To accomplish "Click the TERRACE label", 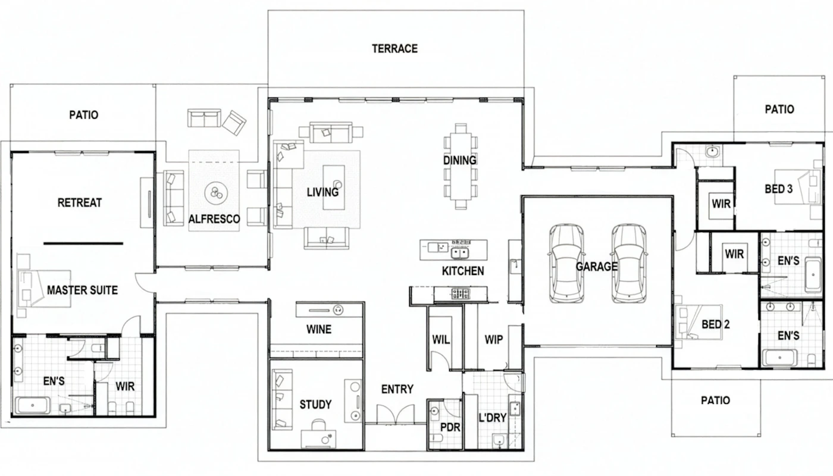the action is (x=394, y=49).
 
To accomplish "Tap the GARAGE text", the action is (x=596, y=267).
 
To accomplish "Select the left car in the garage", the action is (x=566, y=263).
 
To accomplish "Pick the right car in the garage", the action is (x=629, y=263).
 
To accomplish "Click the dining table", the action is (x=461, y=166).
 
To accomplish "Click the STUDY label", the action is (x=315, y=404).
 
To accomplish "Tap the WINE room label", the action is (x=319, y=329).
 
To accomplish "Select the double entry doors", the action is (x=396, y=414).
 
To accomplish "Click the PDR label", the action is (x=450, y=427).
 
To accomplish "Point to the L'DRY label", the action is (x=493, y=418).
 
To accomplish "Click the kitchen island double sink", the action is (x=460, y=253).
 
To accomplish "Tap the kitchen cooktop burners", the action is (x=461, y=294).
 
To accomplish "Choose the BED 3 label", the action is (x=778, y=189).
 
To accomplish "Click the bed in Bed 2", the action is (x=699, y=322).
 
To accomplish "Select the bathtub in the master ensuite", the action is (x=32, y=405).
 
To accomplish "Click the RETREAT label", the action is (x=80, y=203).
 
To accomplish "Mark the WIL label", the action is (x=441, y=340).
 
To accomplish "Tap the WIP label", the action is (x=493, y=340).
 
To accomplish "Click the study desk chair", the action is (x=318, y=425).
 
